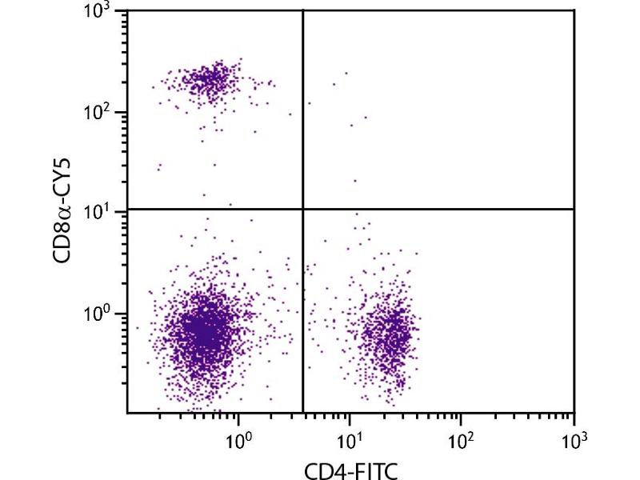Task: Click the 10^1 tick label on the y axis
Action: tap(102, 212)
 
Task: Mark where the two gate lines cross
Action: tap(303, 210)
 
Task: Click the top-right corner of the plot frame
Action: tap(574, 10)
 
